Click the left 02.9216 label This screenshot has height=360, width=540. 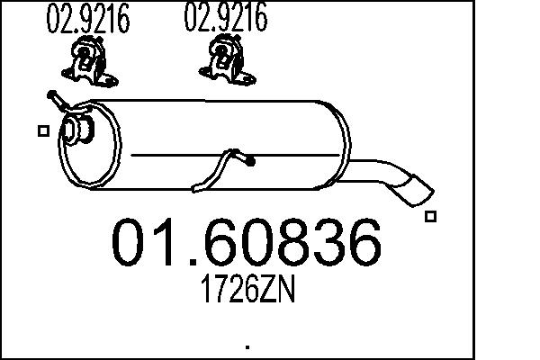pyautogui.click(x=88, y=18)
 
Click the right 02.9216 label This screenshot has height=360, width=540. pyautogui.click(x=226, y=16)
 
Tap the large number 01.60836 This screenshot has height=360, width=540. pyautogui.click(x=247, y=242)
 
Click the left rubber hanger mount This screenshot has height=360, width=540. pyautogui.click(x=89, y=62)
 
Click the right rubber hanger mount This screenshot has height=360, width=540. pyautogui.click(x=228, y=60)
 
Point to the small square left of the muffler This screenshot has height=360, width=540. pyautogui.click(x=43, y=130)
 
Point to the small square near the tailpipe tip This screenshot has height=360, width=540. pyautogui.click(x=430, y=216)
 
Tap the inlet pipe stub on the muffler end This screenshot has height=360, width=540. pyautogui.click(x=78, y=129)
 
